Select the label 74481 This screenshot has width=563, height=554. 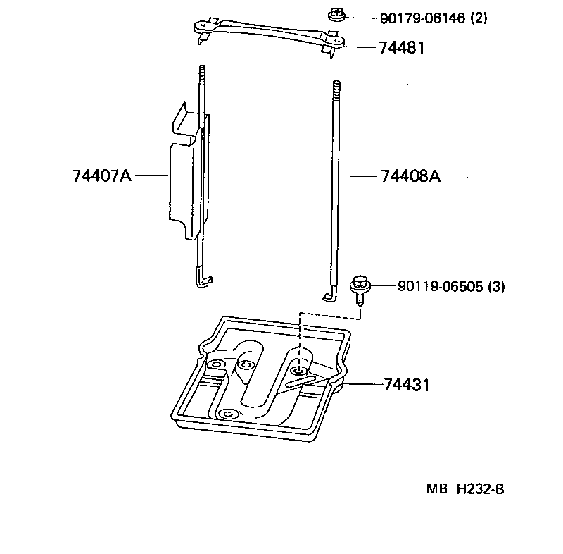402,47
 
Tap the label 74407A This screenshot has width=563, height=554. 101,176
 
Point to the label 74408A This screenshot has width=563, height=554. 410,176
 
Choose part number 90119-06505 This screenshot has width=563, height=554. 441,287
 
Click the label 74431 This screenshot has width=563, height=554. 406,385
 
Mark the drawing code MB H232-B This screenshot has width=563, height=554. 464,490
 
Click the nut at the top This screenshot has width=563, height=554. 336,13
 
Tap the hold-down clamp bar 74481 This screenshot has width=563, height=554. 267,34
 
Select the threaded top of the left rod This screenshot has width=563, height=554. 201,75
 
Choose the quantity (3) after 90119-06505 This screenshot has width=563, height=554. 496,287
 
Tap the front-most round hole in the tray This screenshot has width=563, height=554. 227,413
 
